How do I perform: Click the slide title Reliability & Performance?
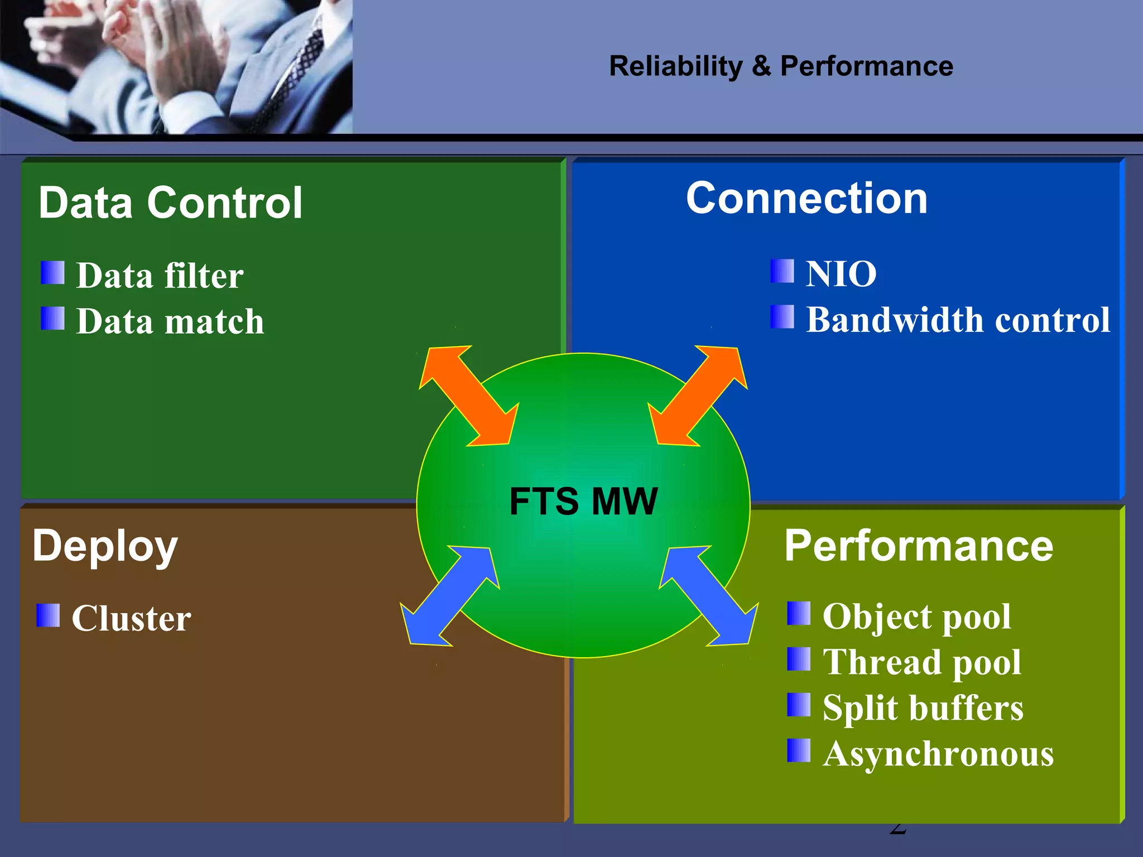click(x=781, y=66)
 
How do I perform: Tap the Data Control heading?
click(x=170, y=203)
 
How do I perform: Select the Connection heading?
click(x=806, y=198)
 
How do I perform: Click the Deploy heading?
click(x=105, y=546)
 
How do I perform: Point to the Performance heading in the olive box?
click(x=919, y=546)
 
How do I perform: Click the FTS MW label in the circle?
click(x=583, y=501)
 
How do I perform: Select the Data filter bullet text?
click(x=160, y=276)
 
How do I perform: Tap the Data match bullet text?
click(x=170, y=322)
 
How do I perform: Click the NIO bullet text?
click(x=841, y=275)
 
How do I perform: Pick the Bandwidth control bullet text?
click(x=958, y=320)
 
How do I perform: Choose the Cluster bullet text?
click(x=131, y=618)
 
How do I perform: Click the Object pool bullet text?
click(x=916, y=617)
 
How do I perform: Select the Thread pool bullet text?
click(x=921, y=662)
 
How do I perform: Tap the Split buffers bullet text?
click(x=923, y=708)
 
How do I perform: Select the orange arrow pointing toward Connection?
click(x=698, y=396)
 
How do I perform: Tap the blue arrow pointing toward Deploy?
click(x=450, y=596)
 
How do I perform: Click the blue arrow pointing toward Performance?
click(x=709, y=596)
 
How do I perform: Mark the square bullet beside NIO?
click(x=782, y=272)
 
